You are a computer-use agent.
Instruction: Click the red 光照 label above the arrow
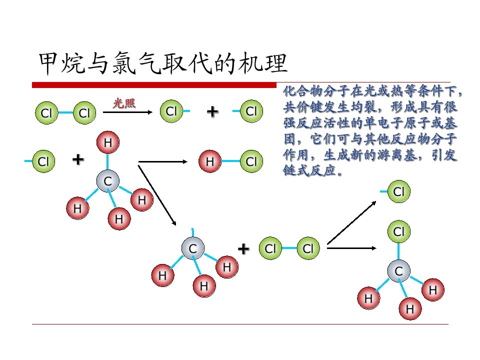[x=124, y=103]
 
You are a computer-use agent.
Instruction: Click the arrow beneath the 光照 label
[x=127, y=112]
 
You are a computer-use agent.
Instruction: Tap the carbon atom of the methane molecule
[x=108, y=181]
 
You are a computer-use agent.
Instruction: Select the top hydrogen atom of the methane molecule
[x=108, y=142]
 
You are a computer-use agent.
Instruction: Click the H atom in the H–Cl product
[x=210, y=161]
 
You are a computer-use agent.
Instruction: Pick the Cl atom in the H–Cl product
[x=251, y=161]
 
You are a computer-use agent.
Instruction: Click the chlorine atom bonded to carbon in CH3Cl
[x=399, y=231]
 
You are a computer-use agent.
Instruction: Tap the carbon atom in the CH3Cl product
[x=399, y=271]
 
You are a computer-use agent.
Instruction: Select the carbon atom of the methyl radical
[x=192, y=248]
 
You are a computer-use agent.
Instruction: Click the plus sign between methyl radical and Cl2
[x=243, y=249]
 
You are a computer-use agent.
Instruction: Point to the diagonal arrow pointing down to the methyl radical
[x=157, y=195]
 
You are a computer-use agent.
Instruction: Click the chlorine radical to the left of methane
[x=43, y=161]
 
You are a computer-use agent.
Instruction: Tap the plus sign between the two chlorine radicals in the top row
[x=213, y=111]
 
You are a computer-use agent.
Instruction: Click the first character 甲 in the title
[x=49, y=63]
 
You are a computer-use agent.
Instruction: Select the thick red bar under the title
[x=154, y=85]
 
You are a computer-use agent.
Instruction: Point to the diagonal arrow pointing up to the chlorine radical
[x=351, y=222]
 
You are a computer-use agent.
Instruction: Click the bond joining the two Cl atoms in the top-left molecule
[x=65, y=112]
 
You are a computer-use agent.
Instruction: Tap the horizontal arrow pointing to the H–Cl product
[x=163, y=161]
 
